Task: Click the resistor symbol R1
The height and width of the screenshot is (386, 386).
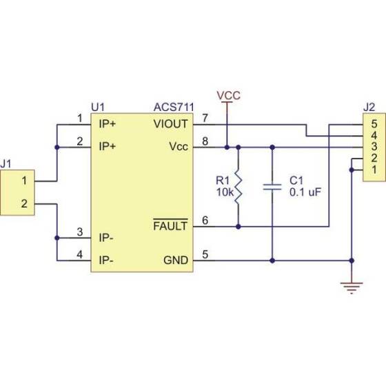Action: (x=238, y=186)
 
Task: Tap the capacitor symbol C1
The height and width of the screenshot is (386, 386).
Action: (x=273, y=186)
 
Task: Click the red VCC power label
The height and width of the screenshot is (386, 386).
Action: (x=228, y=95)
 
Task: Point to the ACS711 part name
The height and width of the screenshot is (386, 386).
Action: (x=173, y=108)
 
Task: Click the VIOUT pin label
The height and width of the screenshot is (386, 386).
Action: (x=170, y=124)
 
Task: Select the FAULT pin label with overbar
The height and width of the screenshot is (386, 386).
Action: (x=170, y=225)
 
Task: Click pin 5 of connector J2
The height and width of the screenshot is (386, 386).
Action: (x=374, y=125)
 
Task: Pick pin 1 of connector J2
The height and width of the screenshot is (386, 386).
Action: (x=374, y=170)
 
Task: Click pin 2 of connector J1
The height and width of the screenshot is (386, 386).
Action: (x=24, y=203)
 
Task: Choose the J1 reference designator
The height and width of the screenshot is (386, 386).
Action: (x=7, y=164)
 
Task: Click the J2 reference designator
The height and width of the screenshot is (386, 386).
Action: (x=369, y=108)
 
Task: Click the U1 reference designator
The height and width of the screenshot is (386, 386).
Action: (x=97, y=108)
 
